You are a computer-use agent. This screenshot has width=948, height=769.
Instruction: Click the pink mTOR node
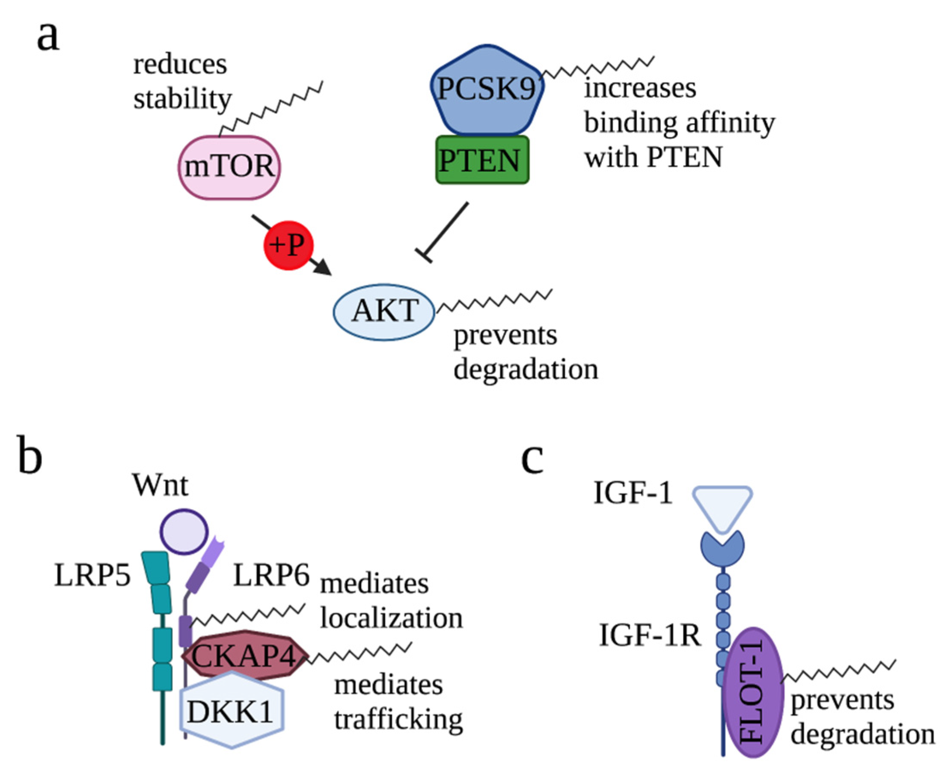coord(229,167)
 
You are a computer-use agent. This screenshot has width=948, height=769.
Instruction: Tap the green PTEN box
coord(481,160)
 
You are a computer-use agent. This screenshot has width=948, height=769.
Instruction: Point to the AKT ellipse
coord(383,312)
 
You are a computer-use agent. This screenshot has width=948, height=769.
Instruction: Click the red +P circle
coord(288,245)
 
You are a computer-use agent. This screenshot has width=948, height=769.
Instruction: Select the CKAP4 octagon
coord(244,655)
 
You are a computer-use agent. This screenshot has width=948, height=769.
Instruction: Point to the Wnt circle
coord(184,531)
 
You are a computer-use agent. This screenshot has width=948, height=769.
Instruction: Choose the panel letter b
coord(30,455)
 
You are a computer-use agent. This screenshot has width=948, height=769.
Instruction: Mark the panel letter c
coord(532,459)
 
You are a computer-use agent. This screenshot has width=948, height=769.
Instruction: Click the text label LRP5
coord(92,576)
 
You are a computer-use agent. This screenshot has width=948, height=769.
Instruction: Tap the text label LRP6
coord(271,576)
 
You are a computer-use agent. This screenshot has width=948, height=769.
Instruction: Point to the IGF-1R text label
coord(650,635)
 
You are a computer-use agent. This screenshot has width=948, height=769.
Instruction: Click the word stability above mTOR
coord(182,99)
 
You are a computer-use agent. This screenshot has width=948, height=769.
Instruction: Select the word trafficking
coord(398,719)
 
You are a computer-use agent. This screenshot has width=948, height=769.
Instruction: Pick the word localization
coord(392,618)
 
